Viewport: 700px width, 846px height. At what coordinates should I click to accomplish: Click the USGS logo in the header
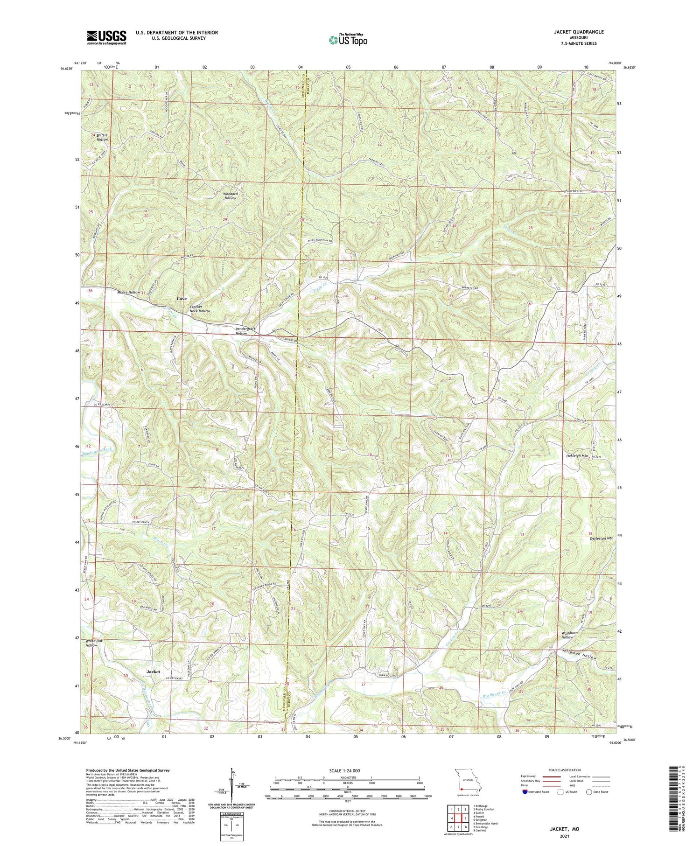click(106, 37)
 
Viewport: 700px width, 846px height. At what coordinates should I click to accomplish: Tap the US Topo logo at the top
click(348, 40)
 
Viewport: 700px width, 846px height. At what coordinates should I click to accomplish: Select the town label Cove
click(182, 298)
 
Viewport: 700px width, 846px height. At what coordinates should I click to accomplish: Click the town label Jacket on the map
click(153, 671)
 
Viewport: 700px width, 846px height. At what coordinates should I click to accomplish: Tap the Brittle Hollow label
click(102, 137)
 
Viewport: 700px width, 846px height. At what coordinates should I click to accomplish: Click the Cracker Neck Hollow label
click(200, 308)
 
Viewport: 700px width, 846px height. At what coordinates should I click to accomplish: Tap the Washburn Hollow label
click(567, 635)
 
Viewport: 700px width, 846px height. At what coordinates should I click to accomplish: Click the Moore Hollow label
click(128, 292)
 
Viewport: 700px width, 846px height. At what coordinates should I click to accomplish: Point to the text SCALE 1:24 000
click(347, 770)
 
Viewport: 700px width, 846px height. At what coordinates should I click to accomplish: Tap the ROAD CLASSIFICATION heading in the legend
click(565, 770)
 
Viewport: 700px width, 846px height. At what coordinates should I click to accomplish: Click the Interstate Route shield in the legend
click(526, 792)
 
